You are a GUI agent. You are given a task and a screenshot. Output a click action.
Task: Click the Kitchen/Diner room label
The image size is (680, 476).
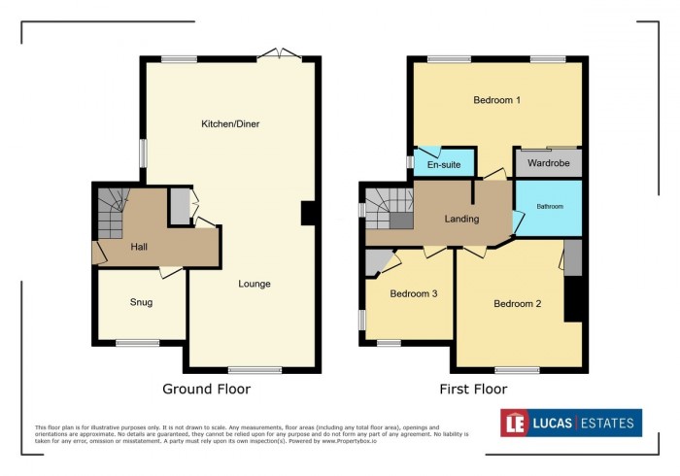pos(230,124)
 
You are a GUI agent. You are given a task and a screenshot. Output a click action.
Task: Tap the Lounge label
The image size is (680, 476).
pos(255,284)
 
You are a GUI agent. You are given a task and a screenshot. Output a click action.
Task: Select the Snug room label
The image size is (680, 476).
pos(141,302)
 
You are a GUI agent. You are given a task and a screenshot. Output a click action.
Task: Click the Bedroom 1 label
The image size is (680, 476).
pos(496,100)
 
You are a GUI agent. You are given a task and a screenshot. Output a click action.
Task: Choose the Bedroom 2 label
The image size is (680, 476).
pos(517,304)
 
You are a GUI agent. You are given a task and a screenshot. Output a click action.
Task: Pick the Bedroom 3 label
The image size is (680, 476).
pos(413,293)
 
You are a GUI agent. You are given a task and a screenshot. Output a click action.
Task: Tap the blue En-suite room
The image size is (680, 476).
pos(445,164)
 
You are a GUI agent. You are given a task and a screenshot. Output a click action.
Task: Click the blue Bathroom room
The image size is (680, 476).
pos(548,207)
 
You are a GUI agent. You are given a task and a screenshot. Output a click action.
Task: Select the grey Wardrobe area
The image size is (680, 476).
pos(548,164)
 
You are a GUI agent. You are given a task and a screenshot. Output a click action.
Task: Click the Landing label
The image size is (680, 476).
pos(461,219)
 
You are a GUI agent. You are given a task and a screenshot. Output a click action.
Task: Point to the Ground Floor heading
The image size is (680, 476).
pos(206,390)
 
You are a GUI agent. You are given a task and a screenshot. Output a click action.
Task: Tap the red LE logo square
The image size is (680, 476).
pos(514,423)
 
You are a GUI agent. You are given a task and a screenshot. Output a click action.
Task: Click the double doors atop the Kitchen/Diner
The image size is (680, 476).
pos(281,56)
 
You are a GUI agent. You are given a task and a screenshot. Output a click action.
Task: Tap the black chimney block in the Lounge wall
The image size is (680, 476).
pos(309,213)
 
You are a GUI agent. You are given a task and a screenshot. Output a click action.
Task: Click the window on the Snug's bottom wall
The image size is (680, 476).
pos(137,342)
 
